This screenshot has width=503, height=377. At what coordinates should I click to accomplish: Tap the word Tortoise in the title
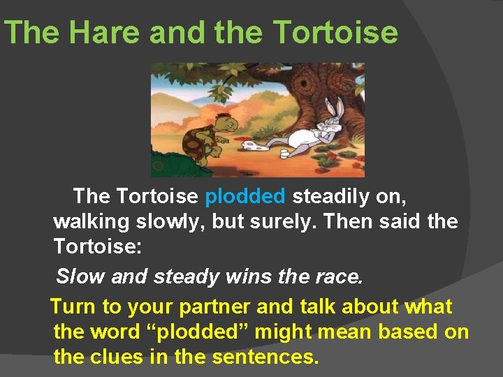[x=336, y=33]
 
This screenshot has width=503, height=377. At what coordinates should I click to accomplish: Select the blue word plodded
[x=245, y=197]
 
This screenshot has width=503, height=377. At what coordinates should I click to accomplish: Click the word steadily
[x=331, y=197]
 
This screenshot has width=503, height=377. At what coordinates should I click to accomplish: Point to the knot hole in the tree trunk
[x=304, y=85]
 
